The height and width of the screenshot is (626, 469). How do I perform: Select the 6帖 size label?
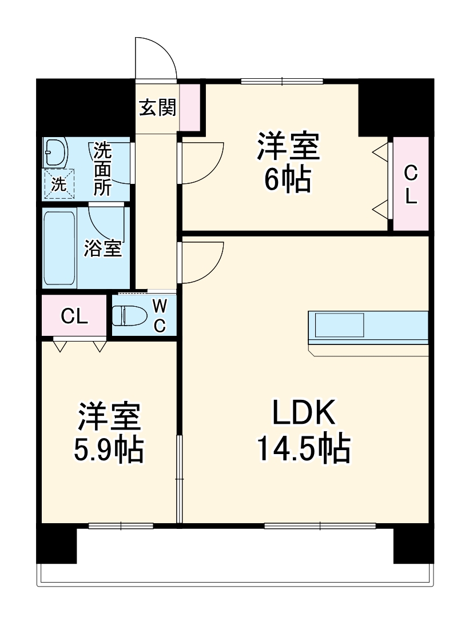pos(287,180)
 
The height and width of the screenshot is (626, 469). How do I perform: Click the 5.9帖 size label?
pos(108,450)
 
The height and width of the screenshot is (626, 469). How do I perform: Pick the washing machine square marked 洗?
pos(59,184)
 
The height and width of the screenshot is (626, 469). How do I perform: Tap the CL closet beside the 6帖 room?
pos(411,184)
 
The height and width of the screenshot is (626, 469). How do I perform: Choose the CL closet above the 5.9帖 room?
pos(74,316)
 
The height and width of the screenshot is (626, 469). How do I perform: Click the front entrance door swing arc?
pos(156,57)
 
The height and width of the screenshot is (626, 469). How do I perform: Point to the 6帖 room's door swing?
pos(202,163)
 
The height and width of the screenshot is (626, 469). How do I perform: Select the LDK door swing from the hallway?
pos(202,262)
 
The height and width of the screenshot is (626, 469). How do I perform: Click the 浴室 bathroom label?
pos(103,248)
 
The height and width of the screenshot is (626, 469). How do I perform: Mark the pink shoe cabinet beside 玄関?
pos(190,107)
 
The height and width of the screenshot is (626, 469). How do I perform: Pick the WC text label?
pos(160,316)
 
